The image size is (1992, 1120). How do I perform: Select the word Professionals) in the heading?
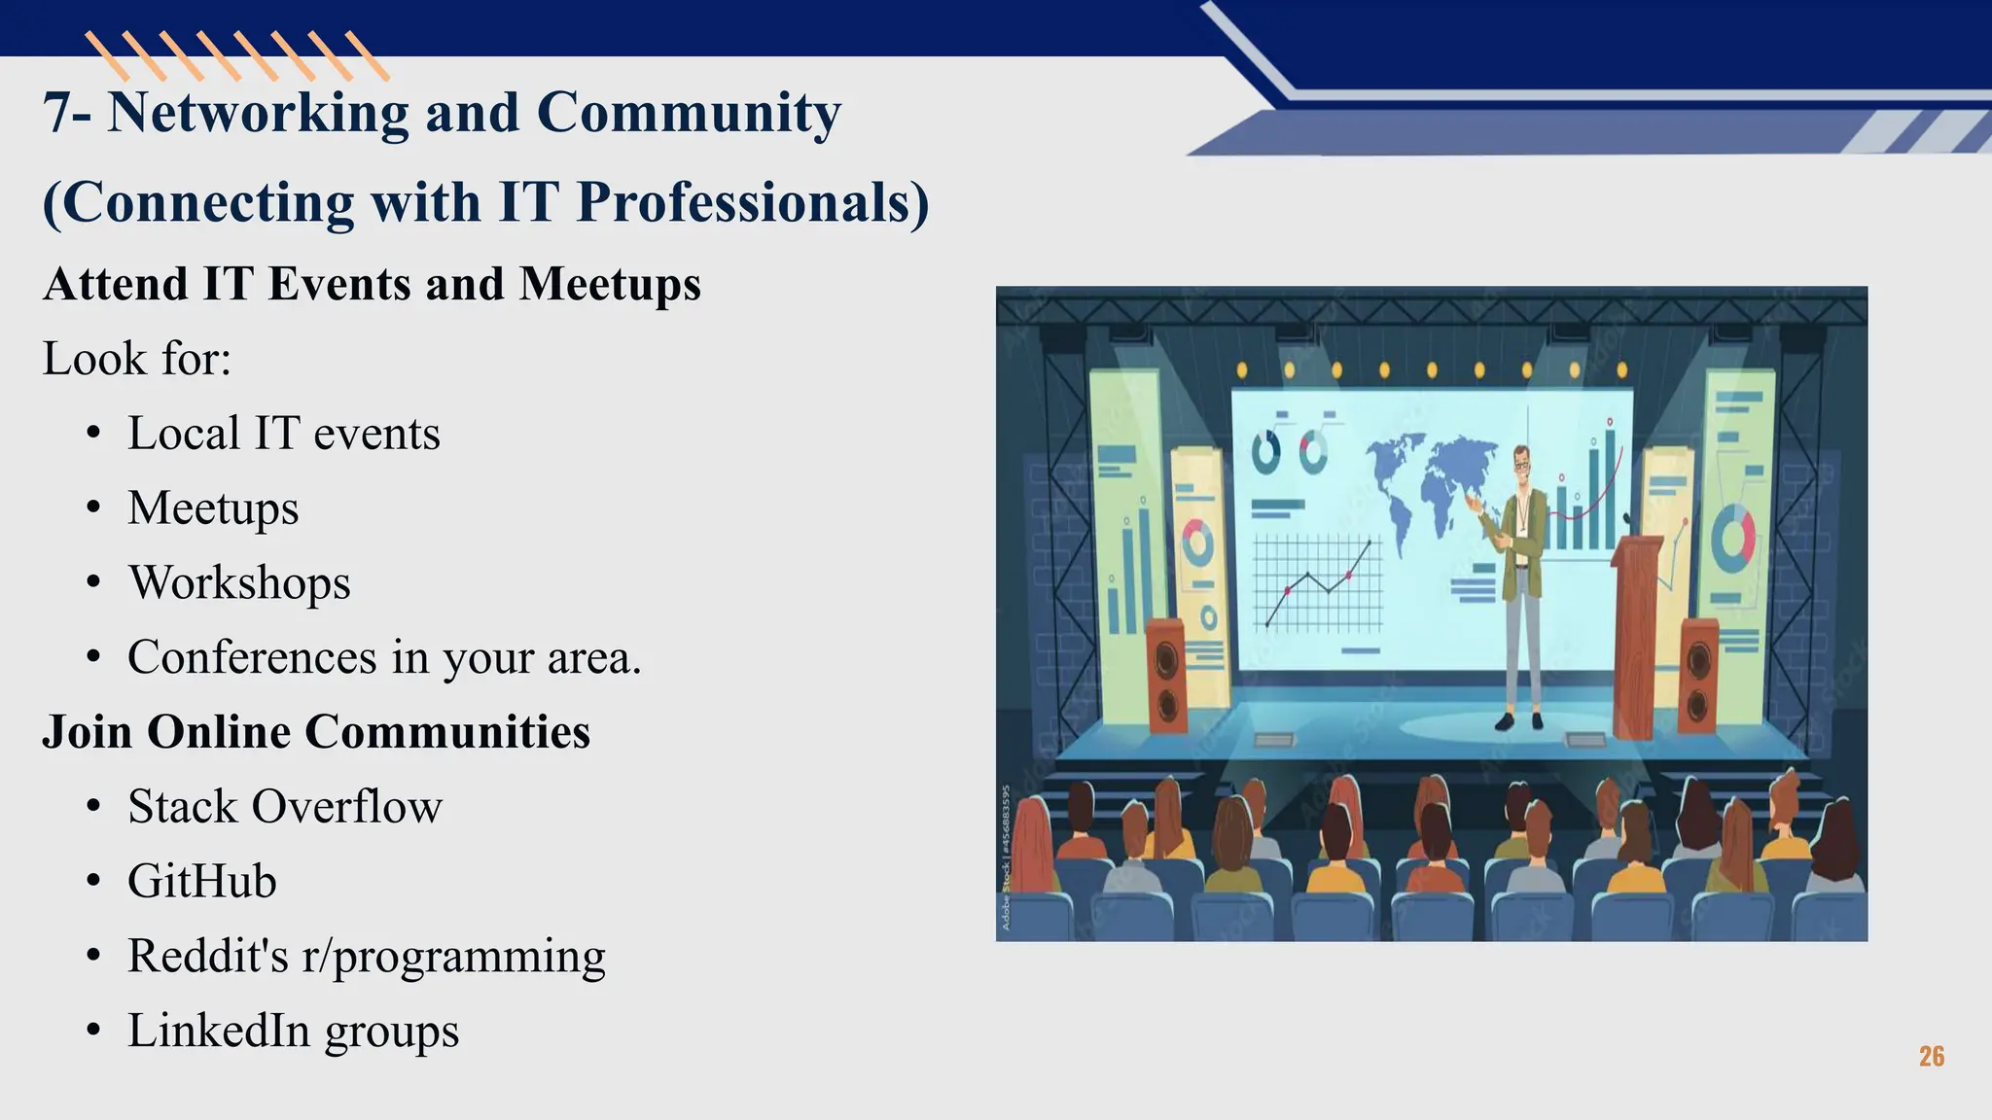752,203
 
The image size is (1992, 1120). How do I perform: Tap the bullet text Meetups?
213,508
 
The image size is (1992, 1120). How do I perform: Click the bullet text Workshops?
239,583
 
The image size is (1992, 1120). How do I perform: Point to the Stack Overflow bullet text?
285,807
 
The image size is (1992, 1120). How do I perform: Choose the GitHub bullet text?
202,882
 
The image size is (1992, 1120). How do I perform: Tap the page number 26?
1932,1057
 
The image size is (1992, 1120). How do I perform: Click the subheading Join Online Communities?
316,732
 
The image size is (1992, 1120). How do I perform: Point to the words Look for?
137,359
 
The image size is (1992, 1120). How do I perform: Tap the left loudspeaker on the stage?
1166,676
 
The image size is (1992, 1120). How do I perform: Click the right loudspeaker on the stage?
1698,676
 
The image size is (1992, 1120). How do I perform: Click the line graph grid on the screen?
1317,583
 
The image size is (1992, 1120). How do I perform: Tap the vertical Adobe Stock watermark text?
1007,856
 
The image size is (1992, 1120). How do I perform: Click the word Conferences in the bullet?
252,658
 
